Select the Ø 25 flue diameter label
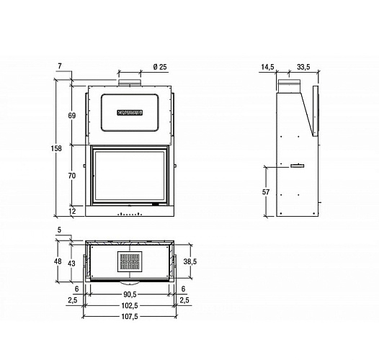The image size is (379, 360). click(x=160, y=67)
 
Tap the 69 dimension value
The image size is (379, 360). click(x=71, y=115)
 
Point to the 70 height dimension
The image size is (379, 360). click(x=71, y=176)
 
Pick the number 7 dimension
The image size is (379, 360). click(x=60, y=66)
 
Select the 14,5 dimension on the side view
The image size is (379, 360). click(x=267, y=67)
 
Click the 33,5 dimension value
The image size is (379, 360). click(x=303, y=67)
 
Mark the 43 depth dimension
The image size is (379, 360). click(x=71, y=264)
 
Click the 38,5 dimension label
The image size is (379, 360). click(x=190, y=261)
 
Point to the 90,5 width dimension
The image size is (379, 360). click(x=129, y=294)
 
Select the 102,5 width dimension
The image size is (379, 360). click(x=129, y=305)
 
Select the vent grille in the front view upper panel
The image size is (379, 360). click(x=130, y=112)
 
